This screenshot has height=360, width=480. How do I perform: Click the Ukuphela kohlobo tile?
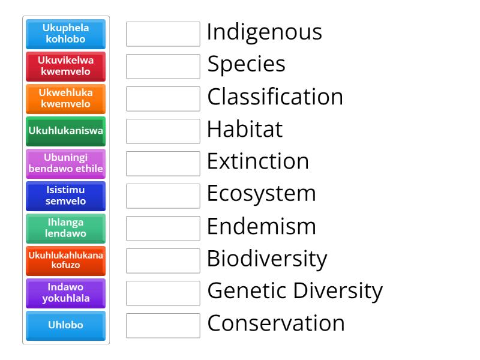[x=65, y=34]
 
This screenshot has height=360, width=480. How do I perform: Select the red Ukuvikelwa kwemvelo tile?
[x=65, y=67]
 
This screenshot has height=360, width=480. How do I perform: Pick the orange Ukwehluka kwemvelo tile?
[x=65, y=99]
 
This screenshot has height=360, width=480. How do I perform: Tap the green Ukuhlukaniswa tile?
[x=65, y=131]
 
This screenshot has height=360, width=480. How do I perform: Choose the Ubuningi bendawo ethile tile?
[x=65, y=164]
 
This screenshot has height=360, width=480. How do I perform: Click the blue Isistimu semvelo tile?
[x=65, y=196]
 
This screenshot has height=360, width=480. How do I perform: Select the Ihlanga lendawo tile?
[x=65, y=229]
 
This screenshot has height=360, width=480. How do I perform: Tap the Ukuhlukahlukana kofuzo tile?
[x=65, y=261]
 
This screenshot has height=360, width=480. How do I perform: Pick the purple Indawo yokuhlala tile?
[x=65, y=293]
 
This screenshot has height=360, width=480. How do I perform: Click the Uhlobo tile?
[x=65, y=326]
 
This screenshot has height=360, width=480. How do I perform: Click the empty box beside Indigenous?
[x=163, y=34]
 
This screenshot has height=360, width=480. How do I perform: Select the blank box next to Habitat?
[x=163, y=131]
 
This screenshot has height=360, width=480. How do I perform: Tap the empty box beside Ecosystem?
[x=163, y=196]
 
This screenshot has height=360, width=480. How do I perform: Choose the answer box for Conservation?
[x=163, y=326]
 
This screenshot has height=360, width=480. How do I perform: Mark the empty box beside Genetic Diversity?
[x=163, y=293]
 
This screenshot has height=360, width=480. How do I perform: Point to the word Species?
[x=246, y=65]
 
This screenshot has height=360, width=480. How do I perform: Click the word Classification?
[x=275, y=97]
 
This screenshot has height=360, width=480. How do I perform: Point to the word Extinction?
[x=258, y=162]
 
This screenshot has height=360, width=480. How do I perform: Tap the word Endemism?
[x=261, y=227]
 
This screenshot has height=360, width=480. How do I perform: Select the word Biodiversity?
[x=267, y=259]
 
